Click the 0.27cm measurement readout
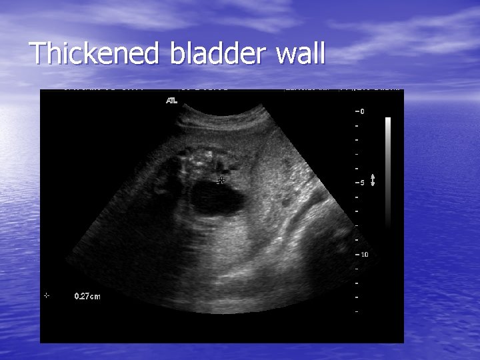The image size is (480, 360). (x=87, y=297)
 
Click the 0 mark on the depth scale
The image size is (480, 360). (x=361, y=111)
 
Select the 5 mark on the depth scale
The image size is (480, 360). (x=361, y=183)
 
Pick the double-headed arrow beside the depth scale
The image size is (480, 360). (x=373, y=180)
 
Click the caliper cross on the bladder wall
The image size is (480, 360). (x=221, y=180)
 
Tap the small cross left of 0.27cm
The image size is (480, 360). (x=46, y=295)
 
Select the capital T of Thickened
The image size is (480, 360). (x=38, y=54)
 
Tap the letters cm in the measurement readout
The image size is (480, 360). (x=95, y=297)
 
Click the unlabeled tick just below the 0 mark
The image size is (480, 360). (x=358, y=125)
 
